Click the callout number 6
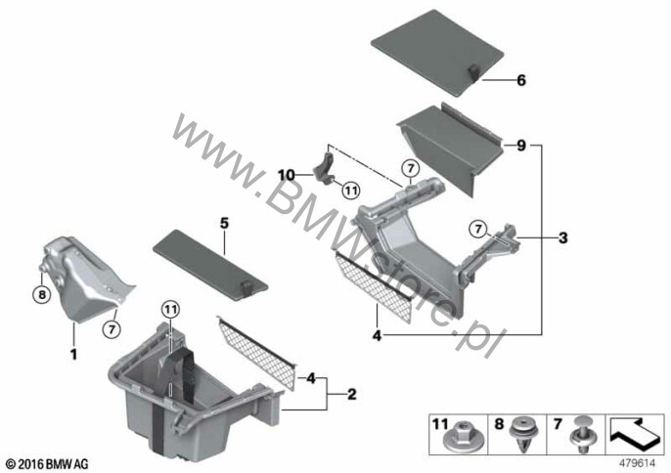(x=520, y=80)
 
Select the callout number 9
(x=520, y=146)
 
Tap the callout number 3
(x=562, y=237)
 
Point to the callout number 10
(x=287, y=175)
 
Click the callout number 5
(x=224, y=223)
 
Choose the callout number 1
(x=74, y=354)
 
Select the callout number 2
(x=351, y=394)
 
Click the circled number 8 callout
(x=42, y=294)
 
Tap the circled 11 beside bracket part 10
(x=351, y=190)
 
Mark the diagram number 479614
(x=638, y=462)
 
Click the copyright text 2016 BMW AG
(x=48, y=464)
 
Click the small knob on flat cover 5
(x=246, y=287)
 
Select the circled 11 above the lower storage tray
(x=170, y=310)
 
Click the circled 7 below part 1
(x=112, y=328)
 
